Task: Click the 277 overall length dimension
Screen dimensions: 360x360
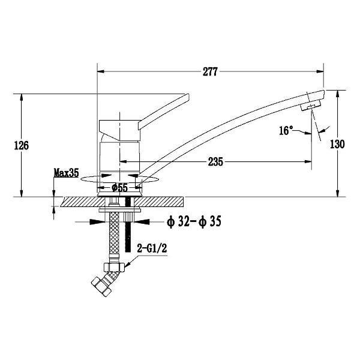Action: [x=210, y=72]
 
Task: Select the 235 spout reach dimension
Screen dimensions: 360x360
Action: [x=215, y=162]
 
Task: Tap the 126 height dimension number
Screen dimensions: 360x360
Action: [x=22, y=146]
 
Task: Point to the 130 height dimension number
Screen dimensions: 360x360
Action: [x=337, y=144]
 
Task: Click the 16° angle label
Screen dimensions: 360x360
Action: [x=286, y=131]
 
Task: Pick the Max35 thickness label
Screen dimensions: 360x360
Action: [x=67, y=173]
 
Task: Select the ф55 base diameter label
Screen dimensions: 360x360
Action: [x=119, y=188]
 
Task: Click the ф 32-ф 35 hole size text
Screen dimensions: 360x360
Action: [x=194, y=222]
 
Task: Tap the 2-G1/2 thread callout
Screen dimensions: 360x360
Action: [x=152, y=248]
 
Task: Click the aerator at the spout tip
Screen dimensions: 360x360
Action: [x=311, y=106]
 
